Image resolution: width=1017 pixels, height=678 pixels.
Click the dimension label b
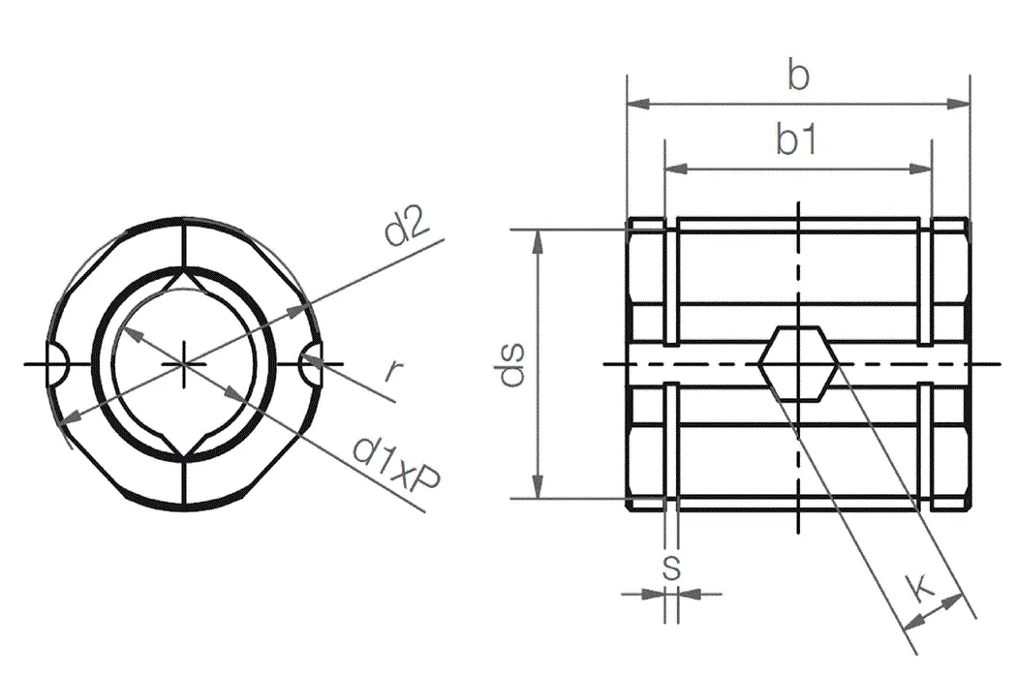click(797, 76)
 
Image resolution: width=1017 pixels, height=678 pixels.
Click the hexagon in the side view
click(797, 364)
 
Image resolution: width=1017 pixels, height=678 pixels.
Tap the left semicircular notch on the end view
click(56, 364)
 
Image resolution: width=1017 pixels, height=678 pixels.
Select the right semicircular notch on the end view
click(311, 364)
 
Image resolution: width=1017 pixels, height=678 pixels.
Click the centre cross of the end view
click(183, 364)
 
